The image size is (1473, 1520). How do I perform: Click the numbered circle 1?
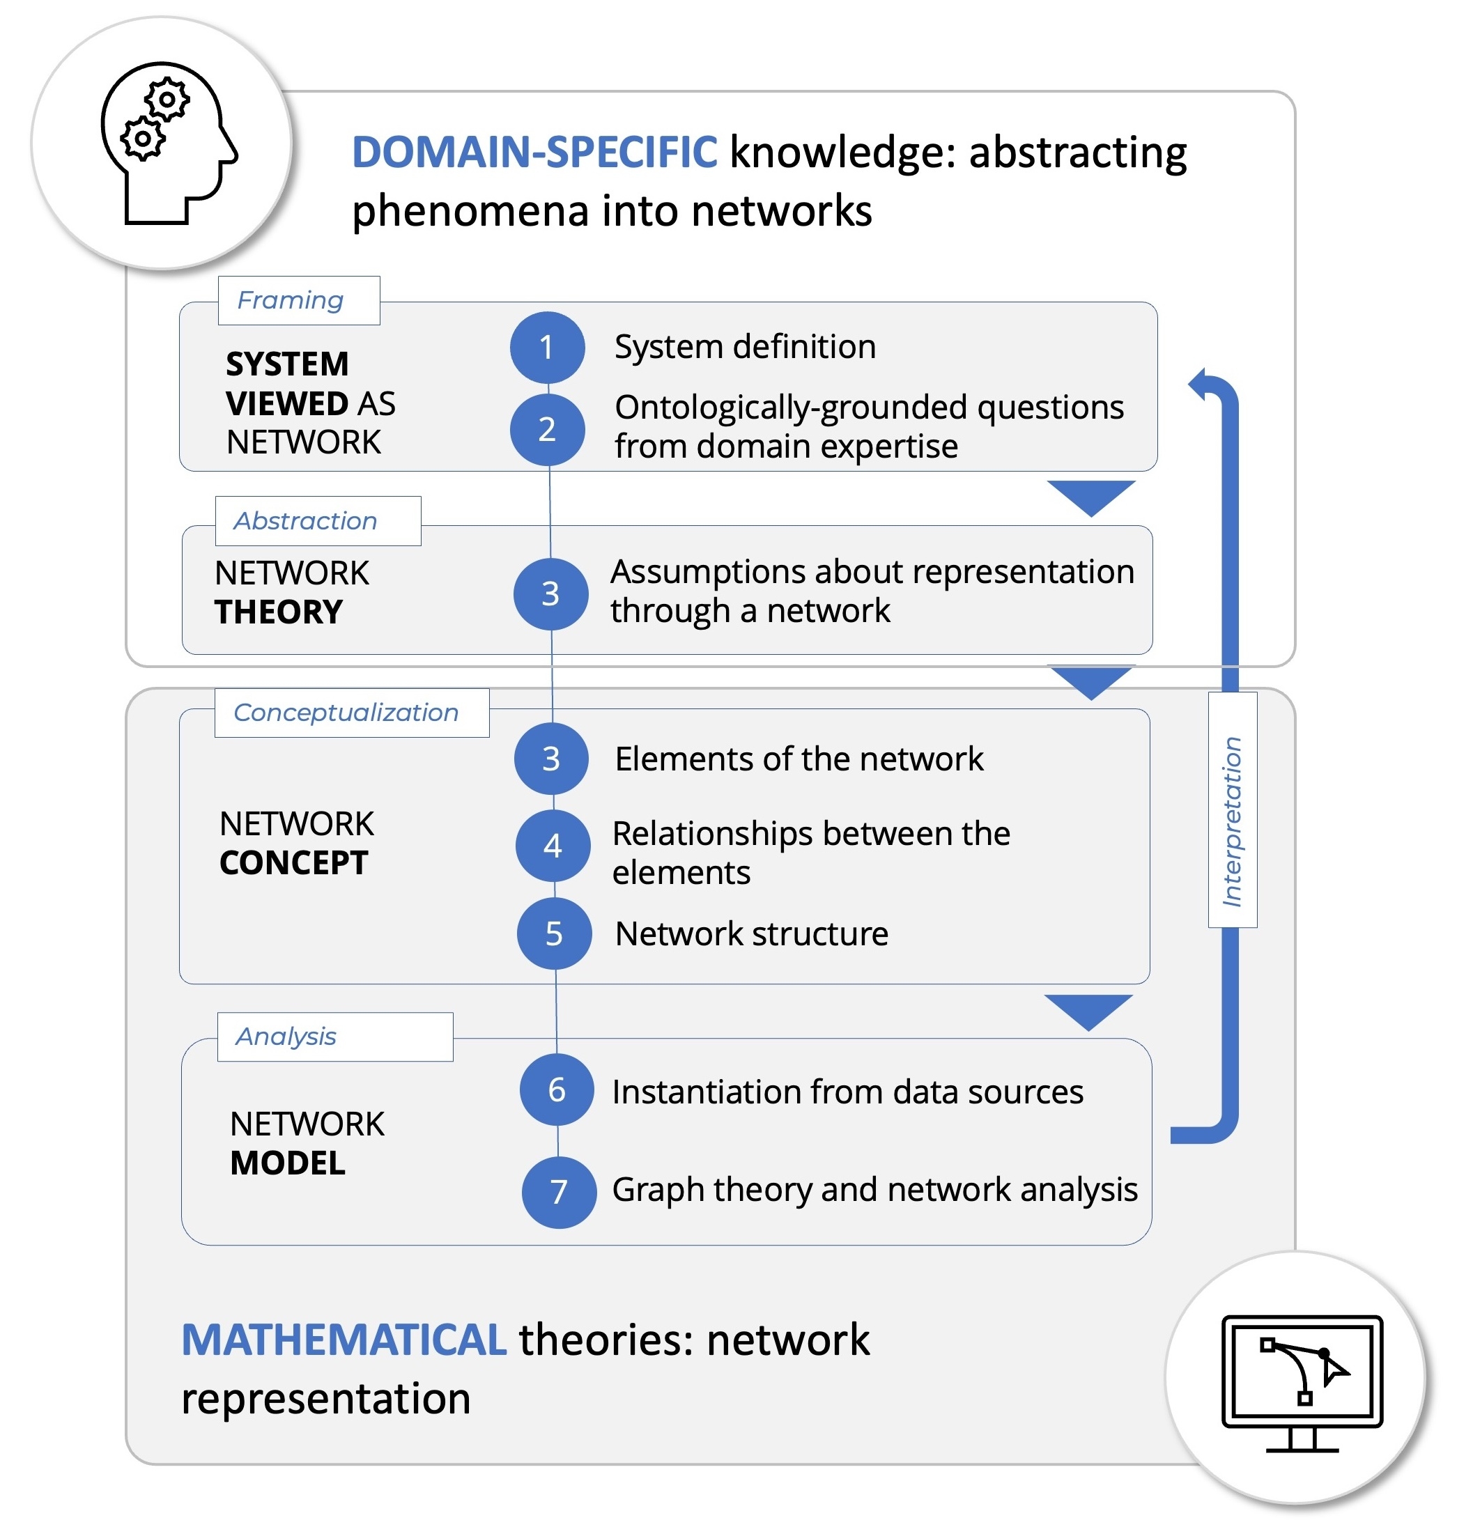[547, 348]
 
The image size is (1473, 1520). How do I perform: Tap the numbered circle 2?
[547, 430]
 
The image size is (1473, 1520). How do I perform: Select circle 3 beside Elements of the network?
[550, 759]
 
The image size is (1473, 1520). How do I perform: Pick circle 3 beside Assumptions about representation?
[550, 594]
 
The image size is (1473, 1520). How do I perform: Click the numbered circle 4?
[553, 845]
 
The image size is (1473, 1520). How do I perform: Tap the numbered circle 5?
[554, 933]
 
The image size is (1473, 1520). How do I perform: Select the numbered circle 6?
[556, 1089]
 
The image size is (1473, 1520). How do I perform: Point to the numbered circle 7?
[559, 1192]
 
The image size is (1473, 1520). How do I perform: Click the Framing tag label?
[290, 300]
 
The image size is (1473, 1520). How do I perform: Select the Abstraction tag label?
[306, 521]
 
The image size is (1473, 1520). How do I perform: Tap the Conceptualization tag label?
[346, 713]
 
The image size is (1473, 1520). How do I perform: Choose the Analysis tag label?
[286, 1037]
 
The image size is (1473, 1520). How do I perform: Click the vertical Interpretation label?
[1232, 821]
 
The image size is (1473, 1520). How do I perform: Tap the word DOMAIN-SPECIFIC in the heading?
[534, 152]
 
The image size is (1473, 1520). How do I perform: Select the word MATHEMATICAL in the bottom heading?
[344, 1340]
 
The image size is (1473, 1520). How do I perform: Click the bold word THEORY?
[278, 612]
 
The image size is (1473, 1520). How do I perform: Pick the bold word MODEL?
[288, 1163]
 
